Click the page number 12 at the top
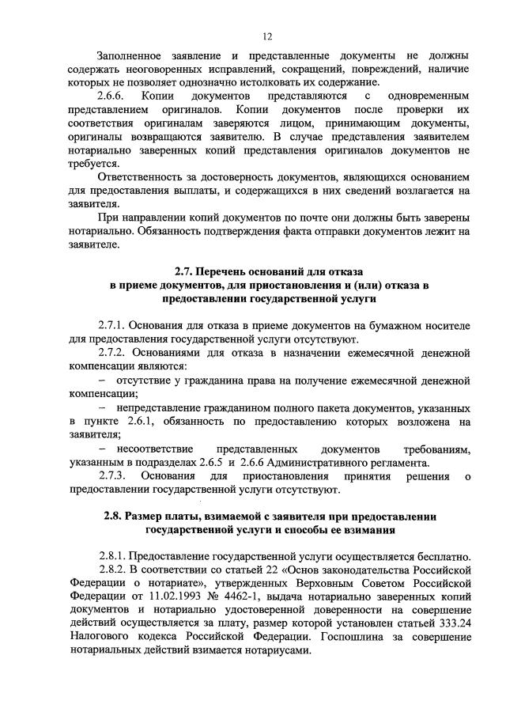click(267, 36)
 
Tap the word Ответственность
click(146, 176)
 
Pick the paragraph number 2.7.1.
click(112, 327)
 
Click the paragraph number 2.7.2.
click(112, 354)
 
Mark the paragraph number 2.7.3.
click(113, 476)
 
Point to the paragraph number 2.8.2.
click(113, 569)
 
